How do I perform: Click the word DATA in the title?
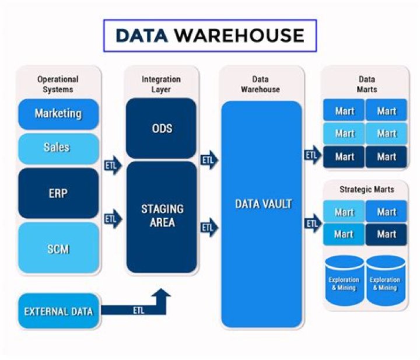click(x=141, y=36)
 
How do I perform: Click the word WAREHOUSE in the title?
click(x=239, y=36)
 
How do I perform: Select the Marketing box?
click(x=58, y=114)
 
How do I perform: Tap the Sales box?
click(x=58, y=148)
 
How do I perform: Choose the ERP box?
click(x=58, y=193)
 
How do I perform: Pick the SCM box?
click(x=58, y=249)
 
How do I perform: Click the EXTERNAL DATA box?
click(x=58, y=311)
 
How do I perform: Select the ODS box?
click(x=162, y=128)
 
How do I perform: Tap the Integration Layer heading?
click(x=161, y=84)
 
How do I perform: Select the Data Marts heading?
click(x=366, y=84)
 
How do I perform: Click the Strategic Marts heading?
click(x=366, y=189)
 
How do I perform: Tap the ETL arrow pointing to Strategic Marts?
click(x=313, y=223)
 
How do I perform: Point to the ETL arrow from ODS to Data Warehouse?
click(x=208, y=160)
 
